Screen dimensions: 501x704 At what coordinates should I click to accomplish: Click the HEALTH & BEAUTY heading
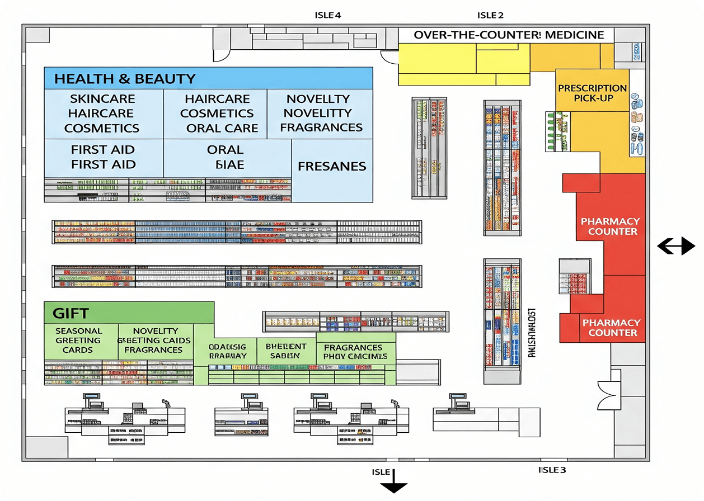tap(124, 79)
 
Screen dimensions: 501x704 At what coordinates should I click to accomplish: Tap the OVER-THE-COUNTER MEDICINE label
tap(509, 35)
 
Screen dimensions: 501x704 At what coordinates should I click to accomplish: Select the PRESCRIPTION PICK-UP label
tap(592, 93)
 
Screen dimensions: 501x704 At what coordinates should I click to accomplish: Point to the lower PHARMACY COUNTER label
tap(612, 328)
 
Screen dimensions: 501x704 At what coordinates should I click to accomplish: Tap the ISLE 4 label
tap(328, 15)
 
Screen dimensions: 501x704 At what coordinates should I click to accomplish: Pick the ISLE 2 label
tap(490, 15)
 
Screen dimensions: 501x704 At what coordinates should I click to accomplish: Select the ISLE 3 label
tap(552, 470)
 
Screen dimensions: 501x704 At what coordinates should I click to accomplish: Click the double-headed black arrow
tap(675, 246)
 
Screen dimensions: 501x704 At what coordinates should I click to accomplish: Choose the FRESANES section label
tap(332, 167)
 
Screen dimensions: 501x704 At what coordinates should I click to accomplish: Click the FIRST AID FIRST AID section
tap(104, 157)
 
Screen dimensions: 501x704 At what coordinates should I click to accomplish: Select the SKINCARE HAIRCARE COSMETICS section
tap(102, 114)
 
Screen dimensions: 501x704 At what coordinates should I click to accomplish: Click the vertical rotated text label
tap(532, 333)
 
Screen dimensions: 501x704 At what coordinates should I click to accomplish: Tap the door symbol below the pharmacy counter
tap(607, 394)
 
